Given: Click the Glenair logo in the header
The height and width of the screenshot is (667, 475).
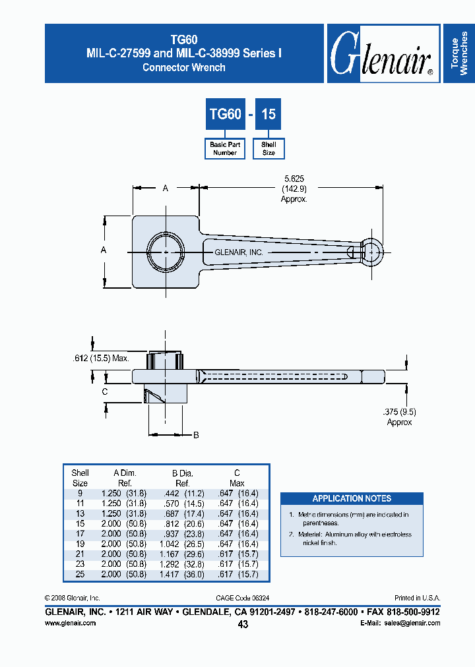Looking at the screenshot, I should [x=382, y=54].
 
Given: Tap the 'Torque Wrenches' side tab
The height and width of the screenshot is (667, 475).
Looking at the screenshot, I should [x=459, y=54].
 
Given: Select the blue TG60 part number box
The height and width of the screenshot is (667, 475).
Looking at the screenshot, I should [x=225, y=114].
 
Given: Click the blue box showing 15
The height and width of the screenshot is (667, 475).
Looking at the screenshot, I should [x=269, y=114].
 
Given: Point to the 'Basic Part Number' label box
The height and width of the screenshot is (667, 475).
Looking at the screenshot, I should [x=225, y=148].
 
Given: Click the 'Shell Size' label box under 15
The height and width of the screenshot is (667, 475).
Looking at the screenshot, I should [x=269, y=148].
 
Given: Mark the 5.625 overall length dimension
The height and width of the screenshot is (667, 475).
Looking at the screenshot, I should [x=294, y=188].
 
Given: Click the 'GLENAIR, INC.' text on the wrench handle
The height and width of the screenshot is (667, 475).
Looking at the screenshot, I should [x=239, y=252].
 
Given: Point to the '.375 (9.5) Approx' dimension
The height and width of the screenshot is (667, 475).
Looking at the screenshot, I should [x=399, y=417].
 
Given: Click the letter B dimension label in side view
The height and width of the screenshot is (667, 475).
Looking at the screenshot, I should [x=196, y=435].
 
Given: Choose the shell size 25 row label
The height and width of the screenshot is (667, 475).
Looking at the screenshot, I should [x=80, y=575].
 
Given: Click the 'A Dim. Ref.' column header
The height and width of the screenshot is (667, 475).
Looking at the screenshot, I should [x=125, y=477].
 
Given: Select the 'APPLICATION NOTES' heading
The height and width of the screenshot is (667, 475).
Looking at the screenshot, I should [x=352, y=499].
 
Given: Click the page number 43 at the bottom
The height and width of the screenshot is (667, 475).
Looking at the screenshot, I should [x=243, y=624].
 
